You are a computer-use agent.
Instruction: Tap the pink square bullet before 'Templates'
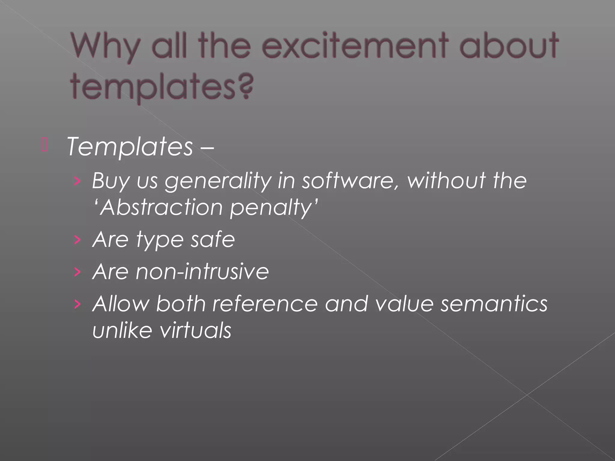click(x=45, y=145)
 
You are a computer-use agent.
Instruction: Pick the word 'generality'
click(x=218, y=181)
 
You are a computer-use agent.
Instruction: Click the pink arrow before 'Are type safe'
click(x=78, y=240)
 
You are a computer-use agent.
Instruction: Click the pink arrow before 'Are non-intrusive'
click(x=78, y=272)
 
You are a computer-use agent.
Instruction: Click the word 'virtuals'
click(x=195, y=330)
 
